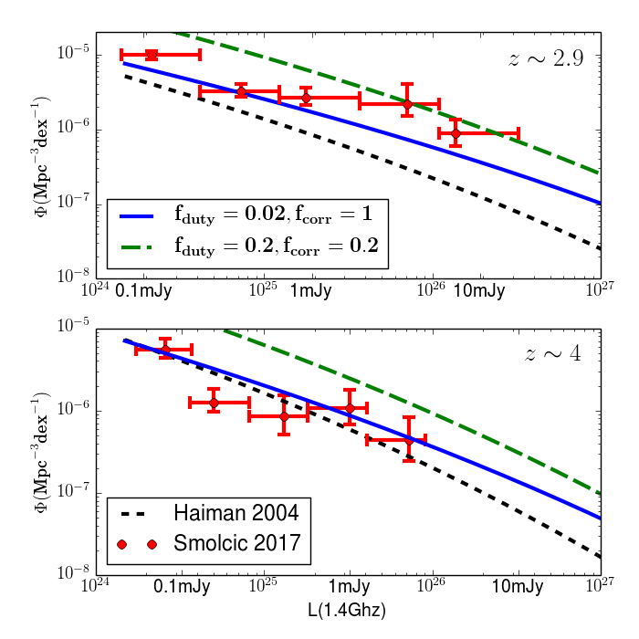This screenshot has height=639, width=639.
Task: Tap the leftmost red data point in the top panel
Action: pyautogui.click(x=152, y=55)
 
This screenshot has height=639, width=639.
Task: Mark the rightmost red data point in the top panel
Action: pyautogui.click(x=456, y=133)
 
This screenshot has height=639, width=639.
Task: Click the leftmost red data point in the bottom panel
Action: pyautogui.click(x=165, y=350)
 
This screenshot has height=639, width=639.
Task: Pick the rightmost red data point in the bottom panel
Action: pyautogui.click(x=409, y=439)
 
